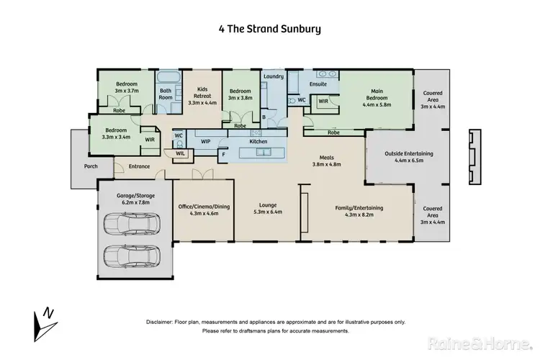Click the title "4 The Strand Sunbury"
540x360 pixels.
269,30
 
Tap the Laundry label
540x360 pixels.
273,76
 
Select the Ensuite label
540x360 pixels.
318,84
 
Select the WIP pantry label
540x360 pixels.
205,142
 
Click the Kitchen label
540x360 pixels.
258,142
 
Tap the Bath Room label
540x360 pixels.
166,94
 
